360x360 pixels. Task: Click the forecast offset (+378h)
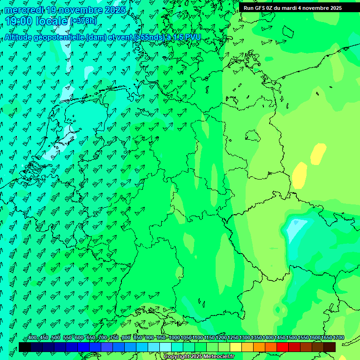[83, 21]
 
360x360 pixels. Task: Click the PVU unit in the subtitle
[192, 37]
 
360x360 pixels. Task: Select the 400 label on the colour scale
[32, 337]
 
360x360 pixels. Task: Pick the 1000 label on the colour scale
[174, 337]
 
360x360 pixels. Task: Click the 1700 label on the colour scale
[338, 337]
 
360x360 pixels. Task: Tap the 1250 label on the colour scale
[233, 337]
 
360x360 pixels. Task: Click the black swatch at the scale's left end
[25, 347]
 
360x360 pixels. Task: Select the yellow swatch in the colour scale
[236, 347]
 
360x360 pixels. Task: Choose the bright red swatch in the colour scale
[283, 347]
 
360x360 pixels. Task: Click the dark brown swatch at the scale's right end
[330, 347]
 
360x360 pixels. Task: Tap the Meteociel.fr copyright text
[199, 356]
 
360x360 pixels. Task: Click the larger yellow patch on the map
[300, 174]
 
